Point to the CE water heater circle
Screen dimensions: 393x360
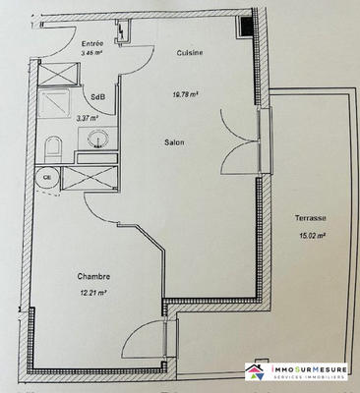tap(46, 178)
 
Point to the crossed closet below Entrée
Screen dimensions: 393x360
tap(53, 76)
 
